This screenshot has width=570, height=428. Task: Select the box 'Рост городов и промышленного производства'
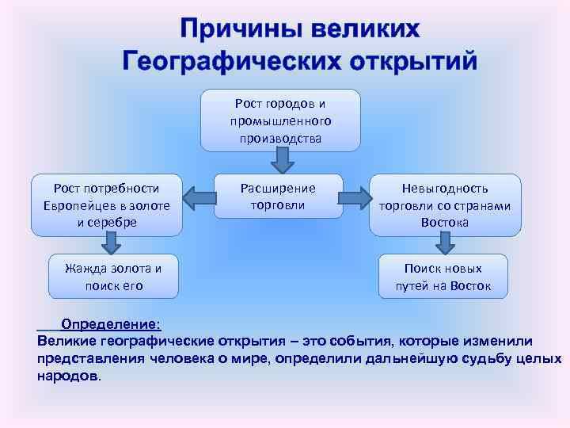(x=280, y=120)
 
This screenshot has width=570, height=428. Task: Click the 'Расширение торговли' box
(x=278, y=196)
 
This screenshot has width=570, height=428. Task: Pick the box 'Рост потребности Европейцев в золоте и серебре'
(x=106, y=205)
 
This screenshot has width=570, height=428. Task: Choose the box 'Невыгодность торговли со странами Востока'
(x=445, y=205)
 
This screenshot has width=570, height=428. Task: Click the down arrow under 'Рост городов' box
(x=281, y=162)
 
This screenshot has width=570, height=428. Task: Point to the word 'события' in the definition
(x=351, y=341)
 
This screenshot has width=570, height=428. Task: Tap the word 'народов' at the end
(x=68, y=375)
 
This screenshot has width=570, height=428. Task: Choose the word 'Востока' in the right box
(x=445, y=223)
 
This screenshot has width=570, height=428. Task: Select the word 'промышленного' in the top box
(x=280, y=120)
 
